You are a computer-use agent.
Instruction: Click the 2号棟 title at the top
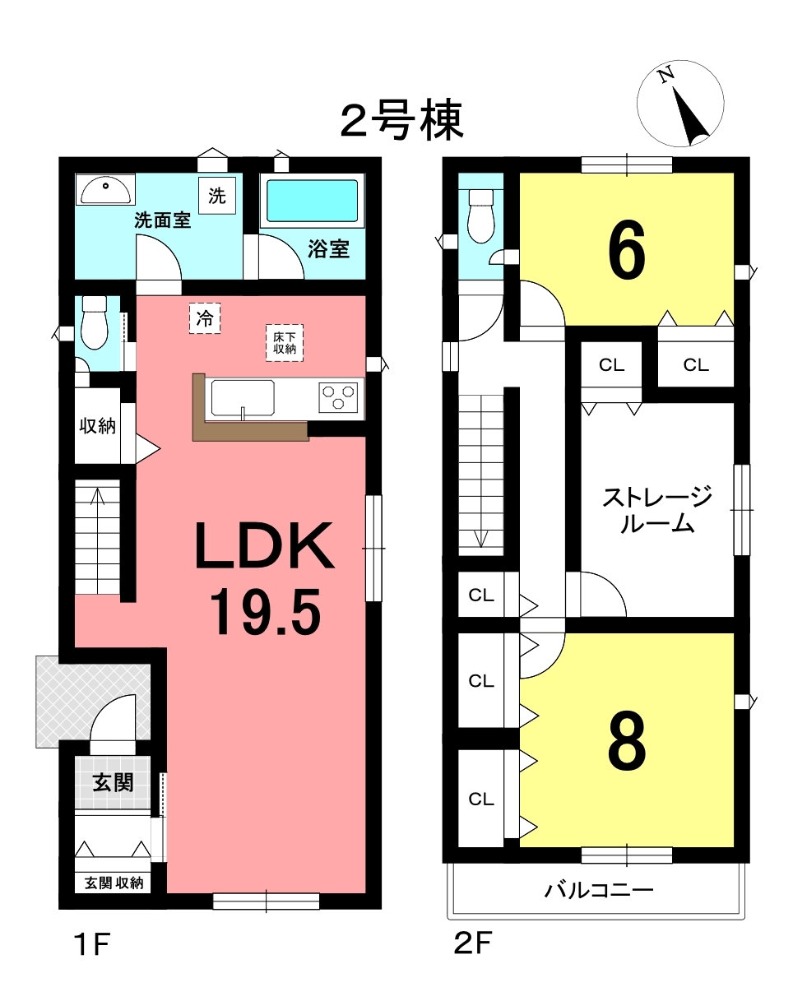[x=401, y=121]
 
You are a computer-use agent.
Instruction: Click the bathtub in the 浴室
[x=312, y=201]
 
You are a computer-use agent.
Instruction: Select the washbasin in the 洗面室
[x=105, y=189]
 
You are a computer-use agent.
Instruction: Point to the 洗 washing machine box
[x=217, y=196]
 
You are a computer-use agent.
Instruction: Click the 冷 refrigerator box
[x=205, y=318]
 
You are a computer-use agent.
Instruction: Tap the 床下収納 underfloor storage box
[x=285, y=343]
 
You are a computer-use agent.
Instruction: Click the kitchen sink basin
[x=243, y=398]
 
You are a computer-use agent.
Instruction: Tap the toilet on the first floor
[x=95, y=322]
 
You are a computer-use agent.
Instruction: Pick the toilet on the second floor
[x=481, y=215]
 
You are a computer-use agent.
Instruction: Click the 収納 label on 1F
[x=97, y=425]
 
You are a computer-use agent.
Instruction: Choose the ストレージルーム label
[x=657, y=510]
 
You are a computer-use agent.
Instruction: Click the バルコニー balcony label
[x=599, y=890]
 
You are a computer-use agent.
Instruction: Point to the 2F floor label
[x=472, y=943]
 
